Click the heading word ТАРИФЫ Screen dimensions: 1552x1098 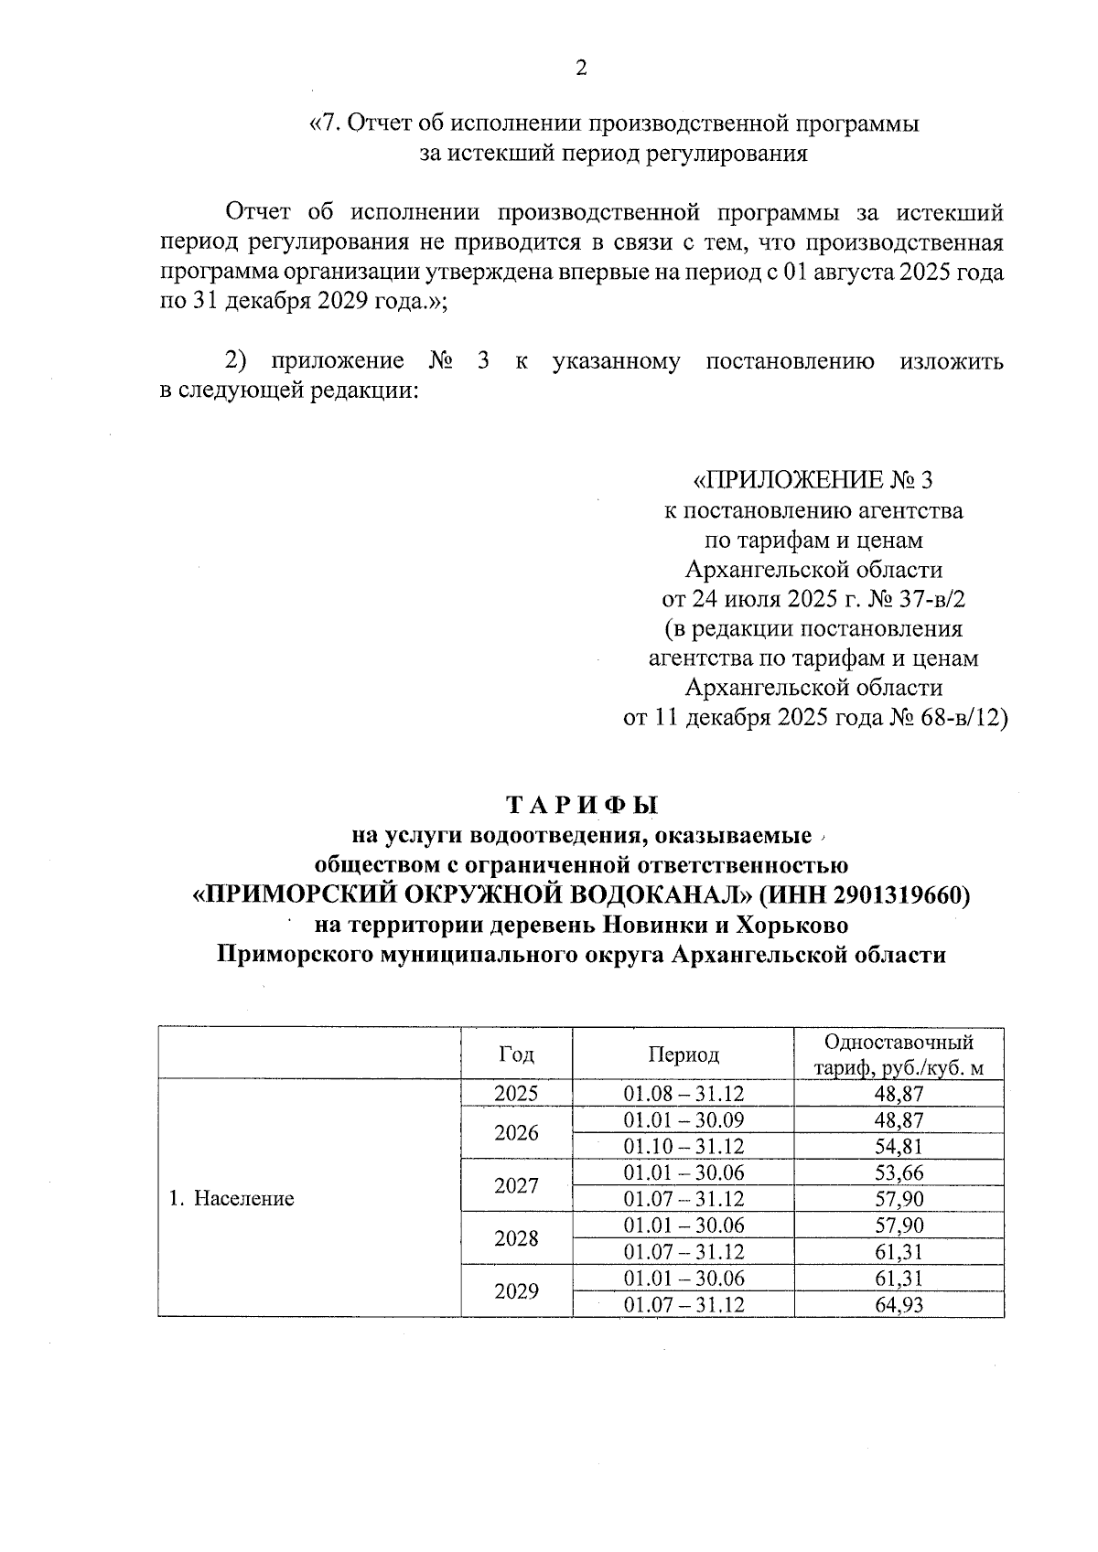pos(582,805)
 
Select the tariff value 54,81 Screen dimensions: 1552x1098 pos(899,1146)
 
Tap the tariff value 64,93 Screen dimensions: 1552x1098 pos(899,1304)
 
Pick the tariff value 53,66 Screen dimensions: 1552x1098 pos(899,1172)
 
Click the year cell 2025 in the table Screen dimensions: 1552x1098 pos(516,1093)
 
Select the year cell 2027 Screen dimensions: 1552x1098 pos(516,1186)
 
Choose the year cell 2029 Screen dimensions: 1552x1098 pos(516,1291)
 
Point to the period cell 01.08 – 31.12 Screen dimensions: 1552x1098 pos(684,1093)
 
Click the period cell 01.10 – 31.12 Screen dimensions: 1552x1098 pos(684,1146)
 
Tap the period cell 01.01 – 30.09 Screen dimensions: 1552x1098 pos(684,1119)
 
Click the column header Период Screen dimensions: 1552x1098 pos(684,1054)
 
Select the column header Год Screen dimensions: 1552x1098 pos(516,1054)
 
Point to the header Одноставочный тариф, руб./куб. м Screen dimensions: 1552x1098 pos(899,1054)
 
